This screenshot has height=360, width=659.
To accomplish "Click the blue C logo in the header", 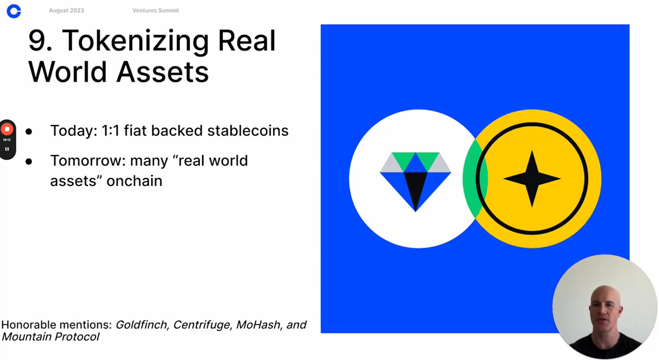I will (14, 11).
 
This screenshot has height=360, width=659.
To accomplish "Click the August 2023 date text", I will (66, 10).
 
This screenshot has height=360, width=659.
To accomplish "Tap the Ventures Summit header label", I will (156, 10).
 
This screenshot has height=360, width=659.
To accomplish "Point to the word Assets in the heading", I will (162, 72).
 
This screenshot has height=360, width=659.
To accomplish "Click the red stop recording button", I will (7, 129).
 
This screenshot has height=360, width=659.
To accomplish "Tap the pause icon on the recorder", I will (7, 149).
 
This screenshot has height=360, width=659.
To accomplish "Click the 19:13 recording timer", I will (7, 140).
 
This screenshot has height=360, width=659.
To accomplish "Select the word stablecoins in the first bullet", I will (248, 131).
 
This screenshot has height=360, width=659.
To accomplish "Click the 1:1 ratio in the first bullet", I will (110, 131).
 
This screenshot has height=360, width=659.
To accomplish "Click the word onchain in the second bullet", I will (134, 181).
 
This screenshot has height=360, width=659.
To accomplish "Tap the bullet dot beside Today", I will (29, 132).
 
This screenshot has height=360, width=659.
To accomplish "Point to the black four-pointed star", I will (532, 179).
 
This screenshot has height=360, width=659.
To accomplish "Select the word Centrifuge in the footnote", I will (202, 325).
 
